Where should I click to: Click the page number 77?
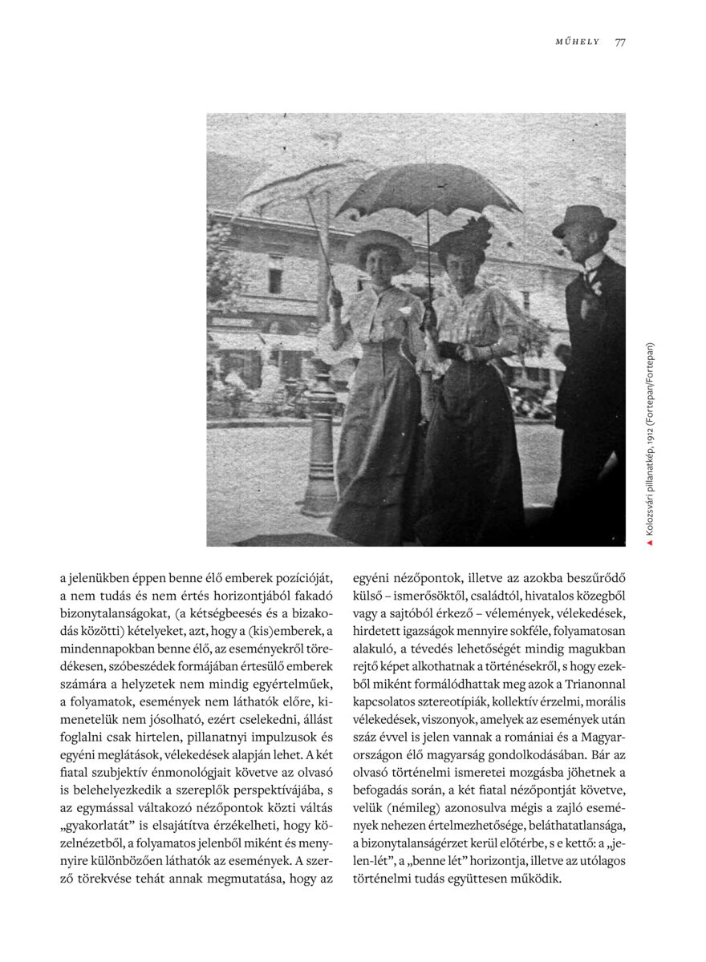click(619, 42)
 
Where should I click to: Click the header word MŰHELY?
click(578, 42)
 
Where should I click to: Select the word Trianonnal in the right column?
click(592, 683)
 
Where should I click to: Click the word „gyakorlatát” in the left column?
click(103, 826)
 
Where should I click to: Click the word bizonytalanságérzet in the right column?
click(422, 843)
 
